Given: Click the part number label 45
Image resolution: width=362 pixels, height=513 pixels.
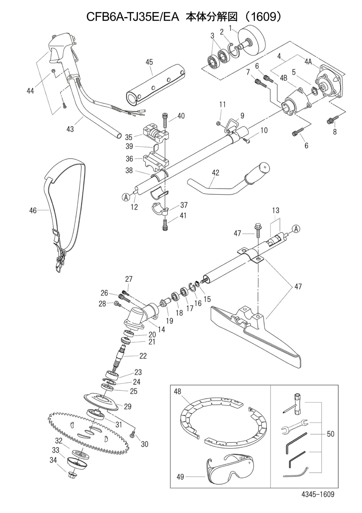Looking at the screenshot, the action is click(149, 62).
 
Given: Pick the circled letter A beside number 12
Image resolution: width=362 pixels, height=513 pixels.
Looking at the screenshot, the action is click(125, 197).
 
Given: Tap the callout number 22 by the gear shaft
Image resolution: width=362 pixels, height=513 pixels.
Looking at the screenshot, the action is click(143, 356).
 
